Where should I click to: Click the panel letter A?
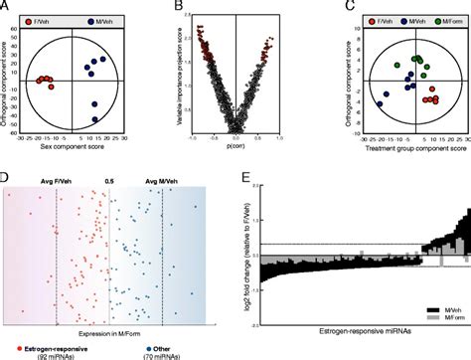coord(6,6)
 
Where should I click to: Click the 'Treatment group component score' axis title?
coord(390,147)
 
